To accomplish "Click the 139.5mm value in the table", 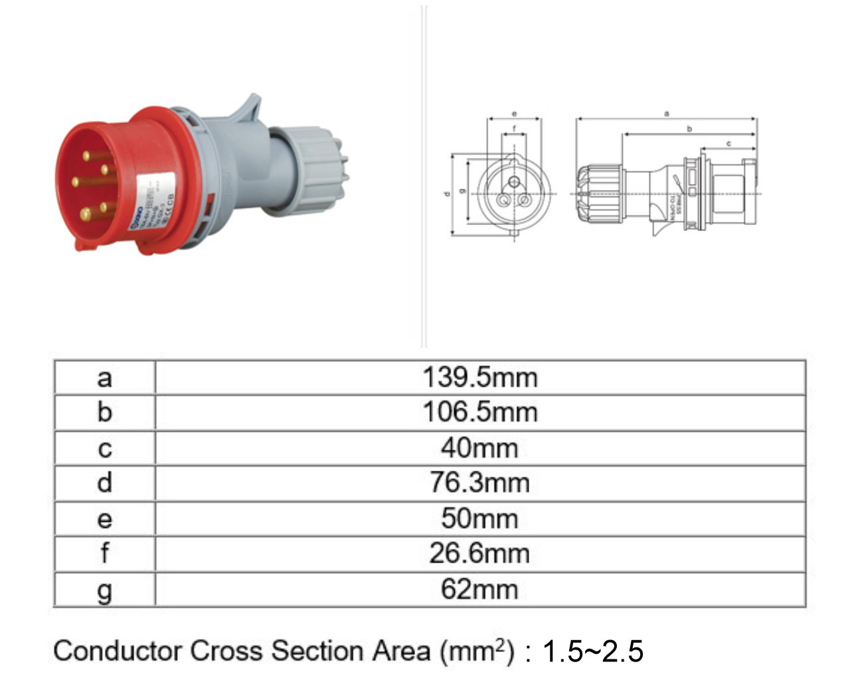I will pyautogui.click(x=479, y=378).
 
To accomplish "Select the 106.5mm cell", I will pyautogui.click(x=479, y=412).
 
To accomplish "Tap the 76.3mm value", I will pyautogui.click(x=479, y=483).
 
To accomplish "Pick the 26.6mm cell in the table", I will pyautogui.click(x=479, y=553).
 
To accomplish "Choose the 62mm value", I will pyautogui.click(x=479, y=589).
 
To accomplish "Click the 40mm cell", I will pyautogui.click(x=479, y=448).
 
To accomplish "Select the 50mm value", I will pyautogui.click(x=479, y=519).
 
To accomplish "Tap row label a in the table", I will pyautogui.click(x=104, y=379).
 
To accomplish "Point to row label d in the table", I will pyautogui.click(x=104, y=483).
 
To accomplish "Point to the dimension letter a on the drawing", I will pyautogui.click(x=666, y=114).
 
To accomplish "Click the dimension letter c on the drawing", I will pyautogui.click(x=728, y=143).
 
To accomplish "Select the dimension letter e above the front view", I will pyautogui.click(x=514, y=114).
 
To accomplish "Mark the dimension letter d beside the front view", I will pyautogui.click(x=447, y=195).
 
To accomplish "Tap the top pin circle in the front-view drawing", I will pyautogui.click(x=514, y=182).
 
